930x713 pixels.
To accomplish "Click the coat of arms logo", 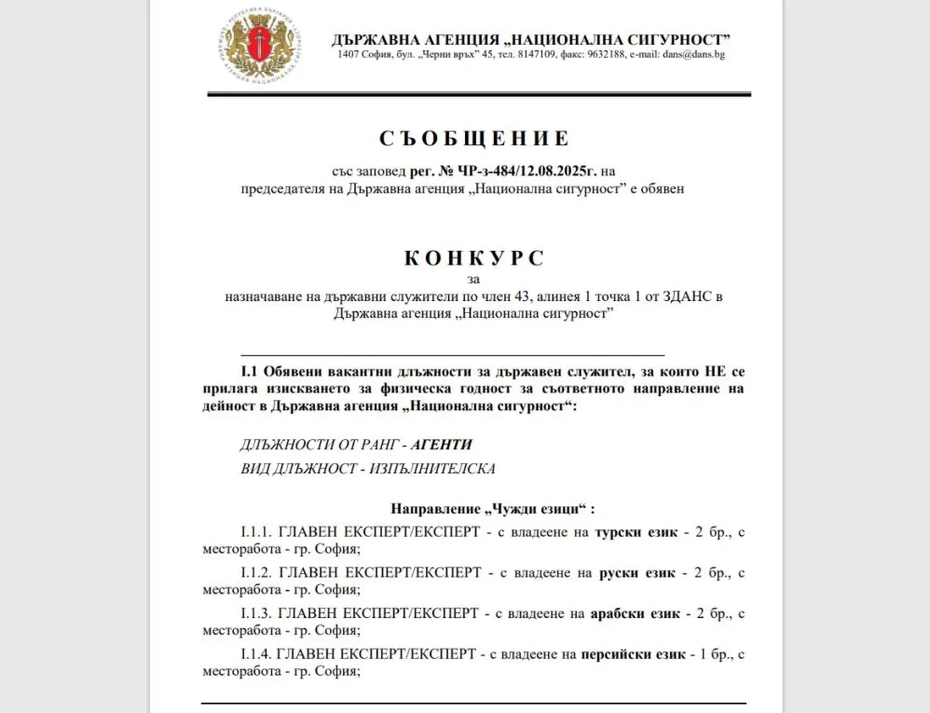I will [x=259, y=45].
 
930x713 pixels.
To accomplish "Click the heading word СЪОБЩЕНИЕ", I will [x=474, y=138].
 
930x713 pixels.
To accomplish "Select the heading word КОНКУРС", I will [x=474, y=258].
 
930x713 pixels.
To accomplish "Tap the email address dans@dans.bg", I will [x=693, y=55].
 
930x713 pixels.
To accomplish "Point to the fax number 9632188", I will [x=606, y=55].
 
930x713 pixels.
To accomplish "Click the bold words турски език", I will [x=636, y=532].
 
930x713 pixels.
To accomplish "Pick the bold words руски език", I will [x=637, y=573].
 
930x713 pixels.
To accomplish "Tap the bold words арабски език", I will [x=635, y=613].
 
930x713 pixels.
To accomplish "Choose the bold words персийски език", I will [x=633, y=654].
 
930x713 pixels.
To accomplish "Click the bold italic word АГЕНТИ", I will [x=441, y=445].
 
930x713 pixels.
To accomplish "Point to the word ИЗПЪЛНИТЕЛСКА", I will [x=432, y=469].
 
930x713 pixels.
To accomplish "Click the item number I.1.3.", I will [x=256, y=613].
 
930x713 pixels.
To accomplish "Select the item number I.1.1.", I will [x=256, y=532].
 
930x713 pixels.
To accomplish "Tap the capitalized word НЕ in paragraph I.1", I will [x=715, y=371].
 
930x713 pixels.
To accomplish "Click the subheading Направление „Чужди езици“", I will [x=492, y=509].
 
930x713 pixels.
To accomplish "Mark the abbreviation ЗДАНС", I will [x=687, y=297].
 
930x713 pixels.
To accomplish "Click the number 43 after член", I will [x=522, y=297].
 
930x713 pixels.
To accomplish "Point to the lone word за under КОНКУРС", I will [x=474, y=279].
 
